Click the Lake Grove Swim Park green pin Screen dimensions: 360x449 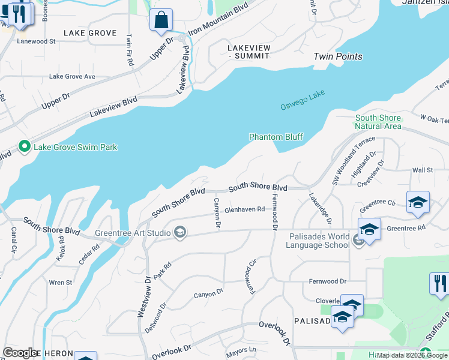(25, 146)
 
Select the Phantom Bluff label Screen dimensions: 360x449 (276, 137)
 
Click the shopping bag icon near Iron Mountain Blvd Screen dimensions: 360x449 (161, 20)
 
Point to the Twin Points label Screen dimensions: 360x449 (338, 56)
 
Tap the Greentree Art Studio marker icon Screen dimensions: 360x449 (179, 232)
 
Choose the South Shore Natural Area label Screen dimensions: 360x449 (378, 122)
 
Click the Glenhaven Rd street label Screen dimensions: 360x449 (244, 209)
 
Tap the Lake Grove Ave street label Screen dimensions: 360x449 (72, 76)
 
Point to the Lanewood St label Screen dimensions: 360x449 (36, 41)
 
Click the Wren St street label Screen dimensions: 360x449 (61, 282)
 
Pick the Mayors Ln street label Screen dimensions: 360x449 (241, 349)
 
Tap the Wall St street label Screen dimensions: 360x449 (423, 170)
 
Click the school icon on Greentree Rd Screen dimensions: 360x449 (370, 229)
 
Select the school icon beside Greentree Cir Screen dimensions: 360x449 (418, 202)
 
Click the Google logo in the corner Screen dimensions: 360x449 (20, 353)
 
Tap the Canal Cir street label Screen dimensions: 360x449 (13, 239)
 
